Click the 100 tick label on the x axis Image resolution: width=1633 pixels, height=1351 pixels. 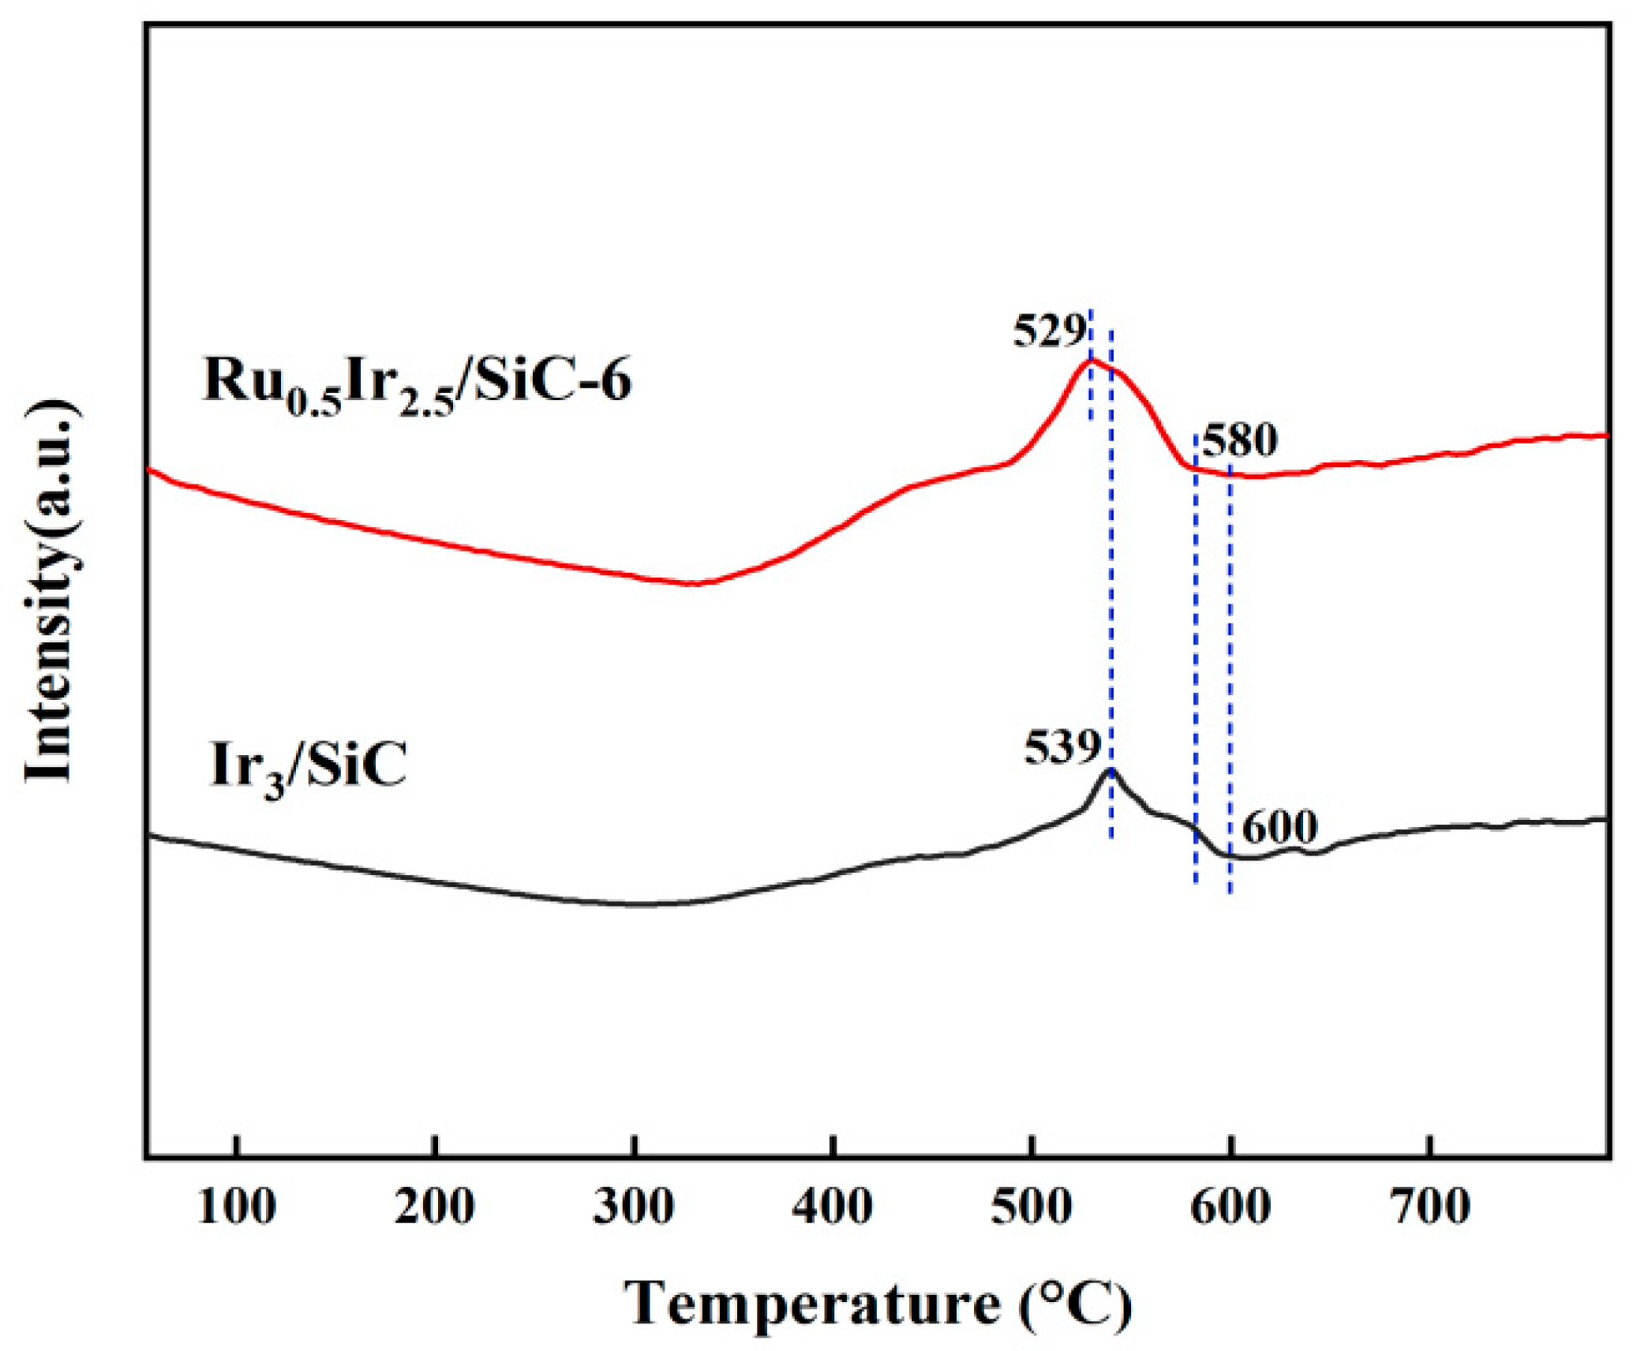pyautogui.click(x=236, y=1208)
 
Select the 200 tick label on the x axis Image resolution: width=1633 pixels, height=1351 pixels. pyautogui.click(x=435, y=1208)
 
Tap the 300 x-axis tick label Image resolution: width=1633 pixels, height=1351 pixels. pyautogui.click(x=634, y=1208)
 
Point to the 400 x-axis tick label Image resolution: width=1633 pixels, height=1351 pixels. pyautogui.click(x=833, y=1208)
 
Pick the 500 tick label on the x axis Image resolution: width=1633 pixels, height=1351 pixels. pyautogui.click(x=1032, y=1208)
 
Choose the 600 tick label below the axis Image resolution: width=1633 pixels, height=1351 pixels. pyautogui.click(x=1230, y=1208)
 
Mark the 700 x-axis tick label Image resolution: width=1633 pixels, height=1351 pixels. pyautogui.click(x=1430, y=1208)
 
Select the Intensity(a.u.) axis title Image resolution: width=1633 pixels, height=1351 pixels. pyautogui.click(x=51, y=592)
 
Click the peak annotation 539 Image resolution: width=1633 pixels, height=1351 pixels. pyautogui.click(x=1062, y=747)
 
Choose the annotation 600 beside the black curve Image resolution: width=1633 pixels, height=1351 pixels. pyautogui.click(x=1279, y=827)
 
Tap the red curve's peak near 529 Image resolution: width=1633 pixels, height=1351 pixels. pyautogui.click(x=1092, y=360)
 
